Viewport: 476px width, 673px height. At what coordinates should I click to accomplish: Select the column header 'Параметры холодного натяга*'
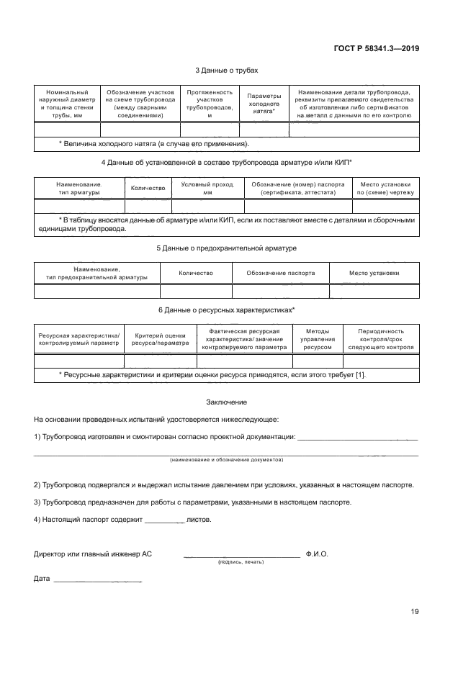(264, 104)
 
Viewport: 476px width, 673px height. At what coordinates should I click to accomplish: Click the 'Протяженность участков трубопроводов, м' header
(210, 104)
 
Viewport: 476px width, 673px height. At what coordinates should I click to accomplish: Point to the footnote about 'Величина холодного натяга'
(153, 145)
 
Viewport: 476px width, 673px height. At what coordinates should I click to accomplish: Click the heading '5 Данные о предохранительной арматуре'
(226, 248)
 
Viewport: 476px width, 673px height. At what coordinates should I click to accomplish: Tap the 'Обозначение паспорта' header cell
(280, 273)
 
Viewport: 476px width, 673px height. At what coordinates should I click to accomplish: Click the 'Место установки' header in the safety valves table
(374, 273)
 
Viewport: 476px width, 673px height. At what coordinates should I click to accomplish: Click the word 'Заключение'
(226, 402)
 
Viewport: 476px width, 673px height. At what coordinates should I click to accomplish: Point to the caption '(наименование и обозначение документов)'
(226, 459)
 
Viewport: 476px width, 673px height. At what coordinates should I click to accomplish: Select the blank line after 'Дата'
(98, 580)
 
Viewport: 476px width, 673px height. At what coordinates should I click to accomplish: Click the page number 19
(414, 612)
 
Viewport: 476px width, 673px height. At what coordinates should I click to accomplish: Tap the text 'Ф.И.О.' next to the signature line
(317, 554)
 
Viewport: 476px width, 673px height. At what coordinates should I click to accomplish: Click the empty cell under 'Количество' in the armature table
(148, 206)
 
